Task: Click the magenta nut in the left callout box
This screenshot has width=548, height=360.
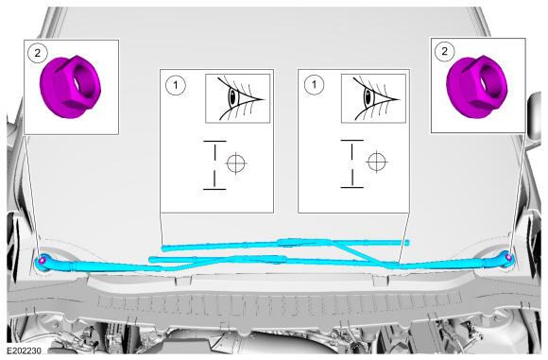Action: click(71, 87)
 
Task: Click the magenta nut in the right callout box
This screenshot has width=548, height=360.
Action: click(477, 86)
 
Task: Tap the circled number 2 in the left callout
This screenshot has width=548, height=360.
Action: click(37, 54)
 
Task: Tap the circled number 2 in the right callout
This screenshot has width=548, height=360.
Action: click(444, 52)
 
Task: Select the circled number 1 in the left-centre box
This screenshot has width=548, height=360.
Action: click(176, 85)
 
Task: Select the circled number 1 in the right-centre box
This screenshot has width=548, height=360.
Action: click(314, 85)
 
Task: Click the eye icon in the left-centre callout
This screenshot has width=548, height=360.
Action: click(238, 98)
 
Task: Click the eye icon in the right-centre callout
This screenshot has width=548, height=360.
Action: click(373, 98)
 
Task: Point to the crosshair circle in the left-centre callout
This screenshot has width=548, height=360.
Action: click(236, 163)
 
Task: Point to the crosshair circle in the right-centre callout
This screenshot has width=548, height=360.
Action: click(376, 162)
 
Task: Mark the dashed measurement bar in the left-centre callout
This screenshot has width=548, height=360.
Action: click(214, 165)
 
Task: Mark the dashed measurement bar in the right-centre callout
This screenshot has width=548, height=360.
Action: click(351, 163)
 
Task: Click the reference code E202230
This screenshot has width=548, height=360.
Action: click(25, 351)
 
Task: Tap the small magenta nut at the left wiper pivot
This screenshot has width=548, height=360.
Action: click(43, 261)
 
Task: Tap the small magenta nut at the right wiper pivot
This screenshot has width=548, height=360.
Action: click(508, 258)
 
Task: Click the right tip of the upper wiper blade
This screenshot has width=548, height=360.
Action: click(408, 243)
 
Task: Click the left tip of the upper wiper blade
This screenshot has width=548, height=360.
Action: click(163, 249)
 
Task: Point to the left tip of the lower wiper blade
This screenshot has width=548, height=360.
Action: click(150, 259)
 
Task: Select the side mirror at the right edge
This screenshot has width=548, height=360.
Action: click(535, 116)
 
